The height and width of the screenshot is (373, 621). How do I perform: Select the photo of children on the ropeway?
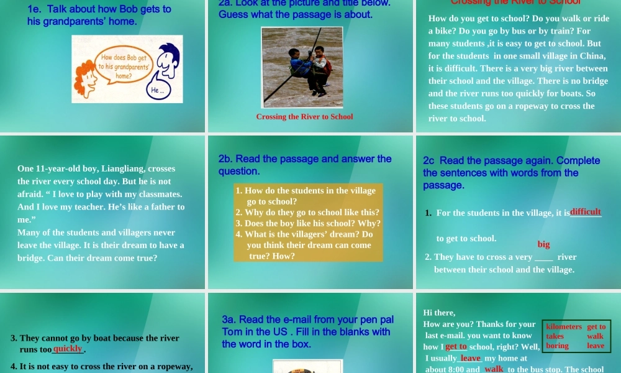tap(302, 67)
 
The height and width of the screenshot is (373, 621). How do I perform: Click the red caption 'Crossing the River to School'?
tap(304, 117)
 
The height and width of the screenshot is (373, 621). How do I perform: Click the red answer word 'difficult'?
tap(585, 212)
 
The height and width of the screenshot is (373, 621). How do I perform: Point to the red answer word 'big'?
tap(543, 244)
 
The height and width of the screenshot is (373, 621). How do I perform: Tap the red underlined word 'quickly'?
tap(68, 349)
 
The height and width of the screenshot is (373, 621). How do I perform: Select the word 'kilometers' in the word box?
tap(564, 326)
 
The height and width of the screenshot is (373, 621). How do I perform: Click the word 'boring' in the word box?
tap(557, 346)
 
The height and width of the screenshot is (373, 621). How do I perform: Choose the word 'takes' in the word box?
tap(555, 336)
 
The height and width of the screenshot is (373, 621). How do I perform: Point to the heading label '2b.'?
tap(226, 159)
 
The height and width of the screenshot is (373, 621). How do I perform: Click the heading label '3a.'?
tap(229, 320)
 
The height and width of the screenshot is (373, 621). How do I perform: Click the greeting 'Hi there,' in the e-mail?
tap(439, 313)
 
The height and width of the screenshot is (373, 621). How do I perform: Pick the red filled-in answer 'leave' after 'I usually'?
tap(470, 358)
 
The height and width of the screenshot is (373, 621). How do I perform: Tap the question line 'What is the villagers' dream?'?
tap(304, 234)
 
